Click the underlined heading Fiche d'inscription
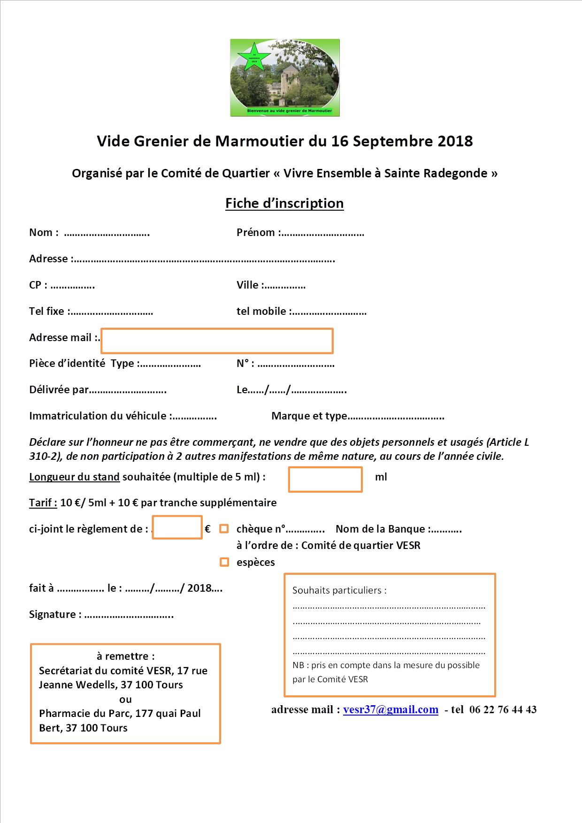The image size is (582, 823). pos(284,203)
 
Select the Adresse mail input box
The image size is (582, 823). pos(217,341)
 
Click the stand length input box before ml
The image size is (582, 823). pos(325,479)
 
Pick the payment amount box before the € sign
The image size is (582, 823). pos(177,528)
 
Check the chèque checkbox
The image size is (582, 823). pos(224,529)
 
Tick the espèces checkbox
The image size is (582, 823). pos(224,562)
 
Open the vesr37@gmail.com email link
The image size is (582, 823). pos(391,709)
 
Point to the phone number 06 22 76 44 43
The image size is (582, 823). pos(503,709)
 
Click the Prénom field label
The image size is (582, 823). pos(256,233)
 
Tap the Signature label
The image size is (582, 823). pos(53,615)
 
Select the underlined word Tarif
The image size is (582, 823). pos(43,503)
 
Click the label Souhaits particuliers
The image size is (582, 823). pos(339,590)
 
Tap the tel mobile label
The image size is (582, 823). pos(262,312)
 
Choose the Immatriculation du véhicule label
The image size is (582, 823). pos(98,416)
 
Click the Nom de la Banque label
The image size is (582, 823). pos(380,529)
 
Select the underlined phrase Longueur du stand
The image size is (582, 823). pos(74,477)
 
